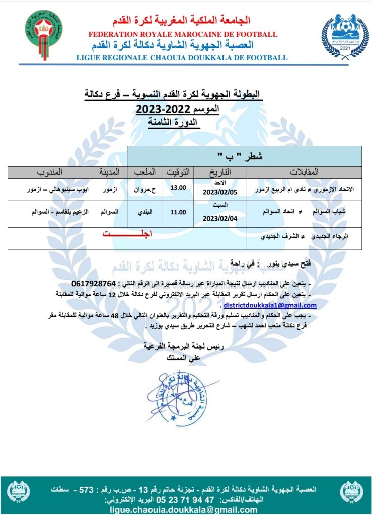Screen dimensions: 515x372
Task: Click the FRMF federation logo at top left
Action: (x=45, y=32)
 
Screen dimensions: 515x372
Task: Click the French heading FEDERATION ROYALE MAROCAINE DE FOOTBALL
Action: (x=183, y=34)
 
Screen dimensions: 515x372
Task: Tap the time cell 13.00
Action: (x=178, y=188)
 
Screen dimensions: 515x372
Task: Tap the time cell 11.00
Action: (x=178, y=213)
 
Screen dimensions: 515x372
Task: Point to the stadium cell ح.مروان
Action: (x=146, y=190)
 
